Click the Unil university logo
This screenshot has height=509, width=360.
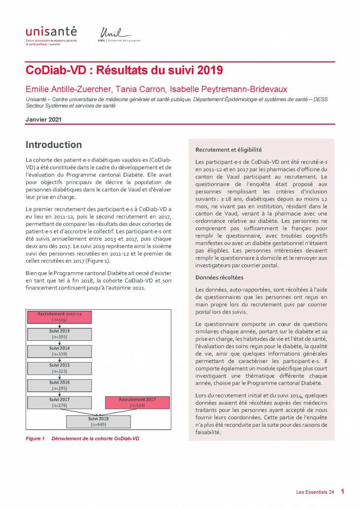point(118,35)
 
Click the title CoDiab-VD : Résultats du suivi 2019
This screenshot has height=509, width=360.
point(124,70)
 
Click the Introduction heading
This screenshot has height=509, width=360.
point(54,145)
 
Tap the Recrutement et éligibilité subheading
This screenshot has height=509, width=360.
point(228,149)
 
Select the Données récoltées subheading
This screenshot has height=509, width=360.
point(219,278)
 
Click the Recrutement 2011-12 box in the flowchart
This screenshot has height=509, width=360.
point(59,317)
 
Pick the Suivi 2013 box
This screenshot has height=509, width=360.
point(59,334)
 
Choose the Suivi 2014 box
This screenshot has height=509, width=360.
point(59,351)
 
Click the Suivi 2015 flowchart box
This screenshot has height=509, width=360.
point(59,368)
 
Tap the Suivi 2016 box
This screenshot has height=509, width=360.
point(59,385)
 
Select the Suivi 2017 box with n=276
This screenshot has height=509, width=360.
point(59,402)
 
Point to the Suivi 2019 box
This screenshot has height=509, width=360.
point(98,421)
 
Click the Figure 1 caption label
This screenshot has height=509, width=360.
point(36,438)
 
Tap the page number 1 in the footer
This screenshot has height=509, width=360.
point(342,491)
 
